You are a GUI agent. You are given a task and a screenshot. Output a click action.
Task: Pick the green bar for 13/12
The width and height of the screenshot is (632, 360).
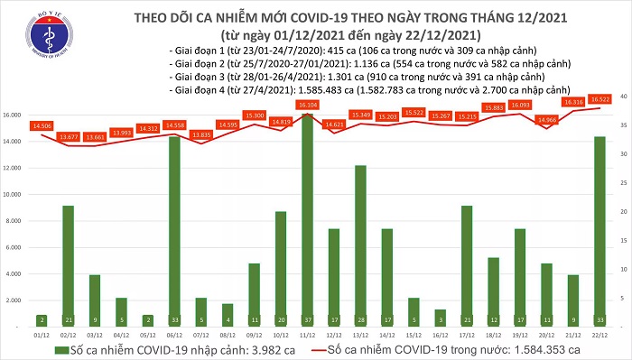pos(360,239)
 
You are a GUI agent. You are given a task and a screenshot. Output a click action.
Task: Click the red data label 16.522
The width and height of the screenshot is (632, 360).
pos(599,99)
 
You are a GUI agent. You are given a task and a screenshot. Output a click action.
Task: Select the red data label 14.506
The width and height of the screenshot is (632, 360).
pos(42,125)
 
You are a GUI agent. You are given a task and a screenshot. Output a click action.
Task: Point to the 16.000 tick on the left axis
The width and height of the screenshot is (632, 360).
pos(14,115)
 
